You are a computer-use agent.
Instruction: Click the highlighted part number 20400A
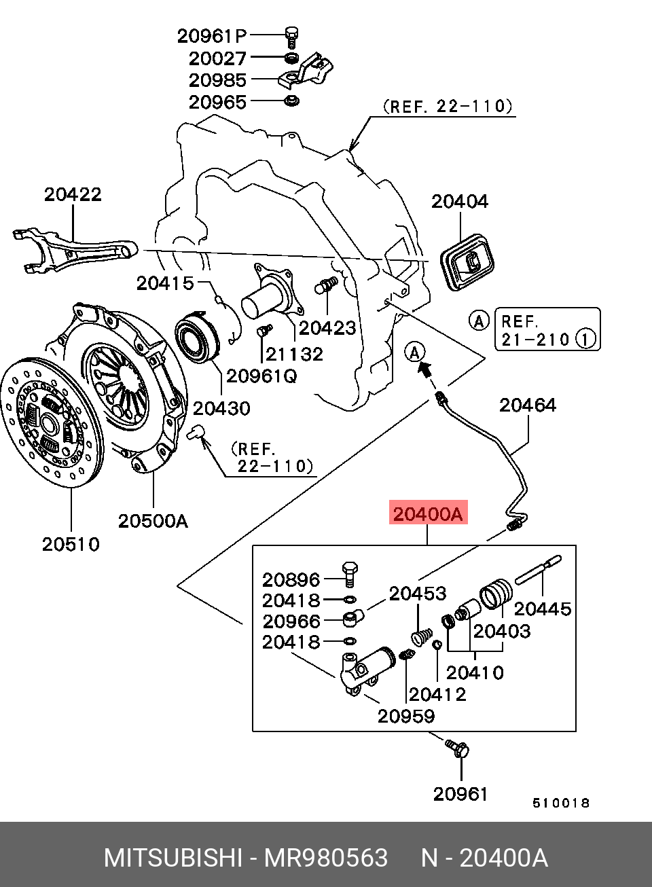[x=428, y=513]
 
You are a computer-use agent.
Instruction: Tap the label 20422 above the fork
[x=73, y=195]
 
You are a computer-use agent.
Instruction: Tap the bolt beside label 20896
[x=350, y=575]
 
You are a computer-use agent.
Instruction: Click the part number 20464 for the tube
[x=528, y=405]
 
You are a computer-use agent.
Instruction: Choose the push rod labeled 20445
[x=539, y=570]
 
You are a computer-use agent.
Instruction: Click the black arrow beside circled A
[x=425, y=369]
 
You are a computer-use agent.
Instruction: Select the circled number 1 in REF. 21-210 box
[x=585, y=339]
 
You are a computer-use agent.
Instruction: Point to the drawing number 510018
[x=560, y=803]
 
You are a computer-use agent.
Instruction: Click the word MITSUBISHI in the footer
[x=173, y=858]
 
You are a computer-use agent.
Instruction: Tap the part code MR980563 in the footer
[x=326, y=858]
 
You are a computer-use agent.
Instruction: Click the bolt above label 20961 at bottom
[x=458, y=748]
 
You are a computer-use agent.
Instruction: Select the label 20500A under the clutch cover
[x=153, y=521]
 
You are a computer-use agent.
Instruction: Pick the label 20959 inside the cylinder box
[x=406, y=716]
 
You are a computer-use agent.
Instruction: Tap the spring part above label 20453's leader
[x=422, y=638]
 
